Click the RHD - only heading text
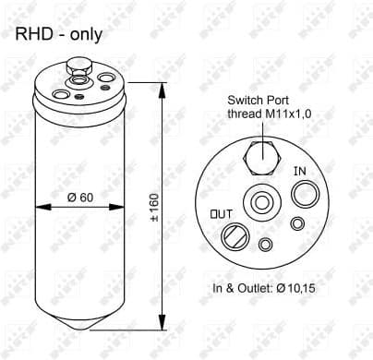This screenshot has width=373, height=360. point(57,35)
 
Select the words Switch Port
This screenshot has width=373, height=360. point(259,101)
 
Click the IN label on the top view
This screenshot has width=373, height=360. point(299,171)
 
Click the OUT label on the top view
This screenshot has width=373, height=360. point(221,214)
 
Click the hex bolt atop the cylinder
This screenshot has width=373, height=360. point(77,66)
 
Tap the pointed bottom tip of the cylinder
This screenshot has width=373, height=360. point(78,328)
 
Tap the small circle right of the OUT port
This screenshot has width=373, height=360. point(266,244)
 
